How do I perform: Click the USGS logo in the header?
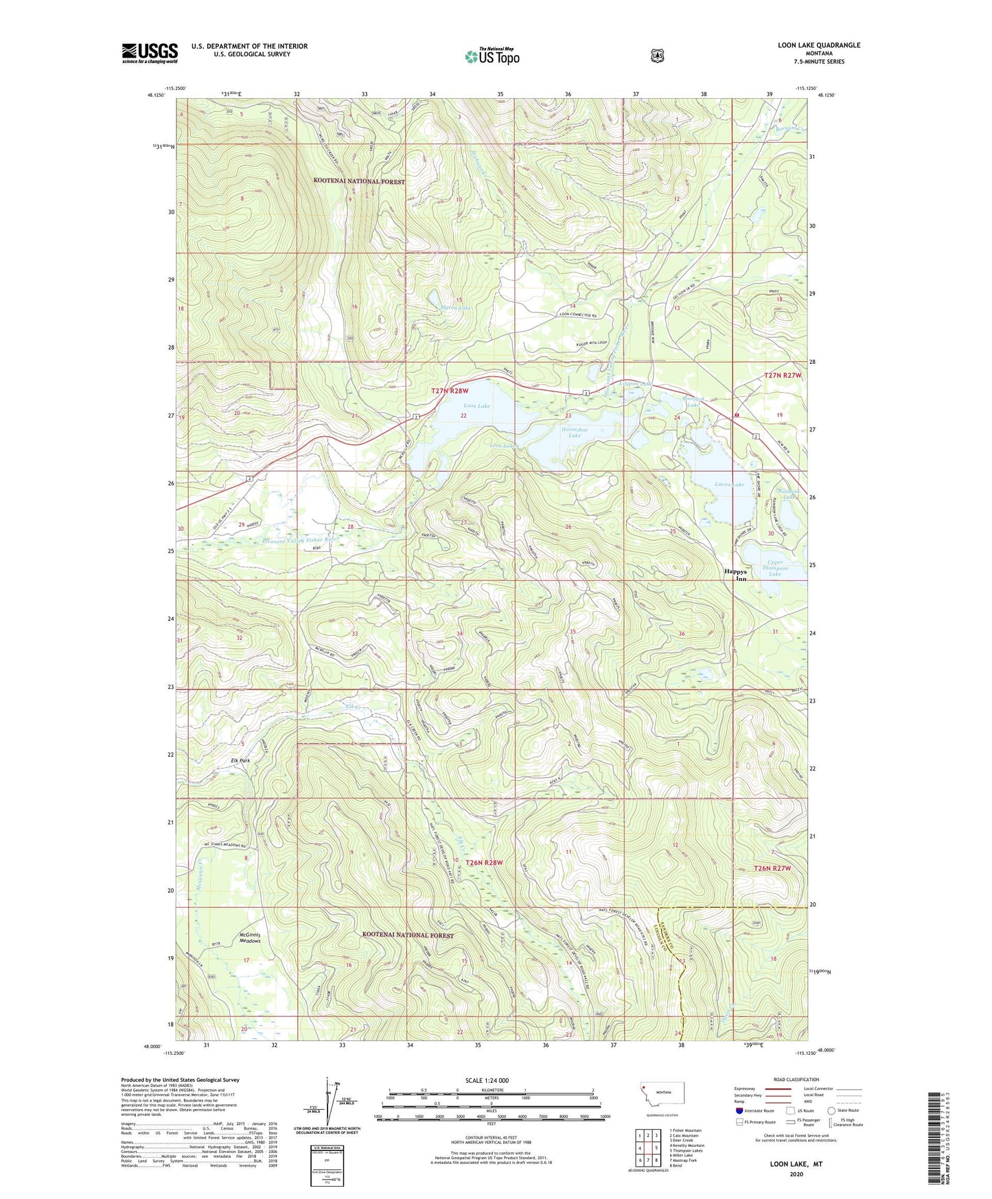pyautogui.click(x=150, y=53)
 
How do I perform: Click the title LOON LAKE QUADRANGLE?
pyautogui.click(x=809, y=45)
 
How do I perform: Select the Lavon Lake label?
pyautogui.click(x=729, y=484)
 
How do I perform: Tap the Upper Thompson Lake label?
pyautogui.click(x=774, y=568)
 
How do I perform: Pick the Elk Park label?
pyautogui.click(x=240, y=761)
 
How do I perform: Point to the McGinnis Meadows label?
pyautogui.click(x=250, y=937)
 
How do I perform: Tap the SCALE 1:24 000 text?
pyautogui.click(x=487, y=1080)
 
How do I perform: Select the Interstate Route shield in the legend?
pyautogui.click(x=739, y=1110)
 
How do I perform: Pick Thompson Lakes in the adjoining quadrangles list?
pyautogui.click(x=686, y=1150)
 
